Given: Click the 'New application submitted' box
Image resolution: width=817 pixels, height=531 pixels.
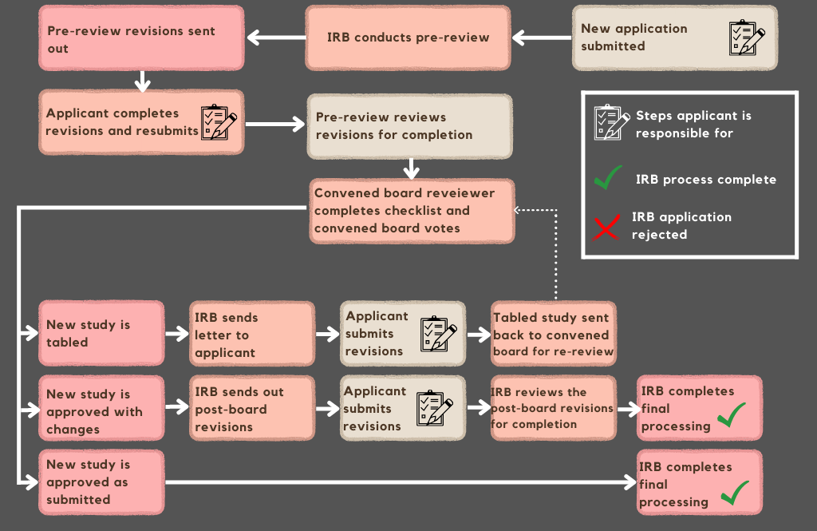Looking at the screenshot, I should [x=674, y=38].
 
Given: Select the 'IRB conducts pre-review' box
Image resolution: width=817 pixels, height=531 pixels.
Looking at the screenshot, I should [x=408, y=38].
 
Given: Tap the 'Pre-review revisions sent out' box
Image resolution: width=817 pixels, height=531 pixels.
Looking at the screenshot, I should [x=141, y=39].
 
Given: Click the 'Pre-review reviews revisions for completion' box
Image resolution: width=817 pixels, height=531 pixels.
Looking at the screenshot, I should [x=410, y=126].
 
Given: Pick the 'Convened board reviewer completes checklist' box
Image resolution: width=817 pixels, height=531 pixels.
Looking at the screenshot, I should [x=412, y=211].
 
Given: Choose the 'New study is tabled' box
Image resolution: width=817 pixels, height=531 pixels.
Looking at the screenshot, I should [x=101, y=334].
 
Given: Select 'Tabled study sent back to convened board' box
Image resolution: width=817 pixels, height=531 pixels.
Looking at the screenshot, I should [x=554, y=334].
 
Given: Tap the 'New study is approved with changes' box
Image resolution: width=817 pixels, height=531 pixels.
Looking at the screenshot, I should [x=101, y=411].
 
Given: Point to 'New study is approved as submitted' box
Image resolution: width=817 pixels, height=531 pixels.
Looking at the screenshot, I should [x=101, y=481].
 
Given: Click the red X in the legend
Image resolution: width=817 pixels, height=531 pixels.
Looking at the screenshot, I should [x=607, y=227].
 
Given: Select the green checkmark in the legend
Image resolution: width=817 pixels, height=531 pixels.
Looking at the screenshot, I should [x=609, y=178].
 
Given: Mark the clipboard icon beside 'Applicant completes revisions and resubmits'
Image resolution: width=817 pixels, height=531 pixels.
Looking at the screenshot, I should [x=219, y=122].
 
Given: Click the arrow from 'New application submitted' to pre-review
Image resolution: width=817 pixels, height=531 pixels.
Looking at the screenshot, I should [x=541, y=38].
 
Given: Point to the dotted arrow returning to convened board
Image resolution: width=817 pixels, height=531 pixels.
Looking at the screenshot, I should [x=555, y=248].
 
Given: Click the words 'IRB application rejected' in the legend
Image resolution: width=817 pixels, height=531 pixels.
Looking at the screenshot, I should [x=681, y=226].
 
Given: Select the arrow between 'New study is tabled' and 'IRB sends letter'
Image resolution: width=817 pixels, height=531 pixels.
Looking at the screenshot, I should [x=176, y=334].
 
